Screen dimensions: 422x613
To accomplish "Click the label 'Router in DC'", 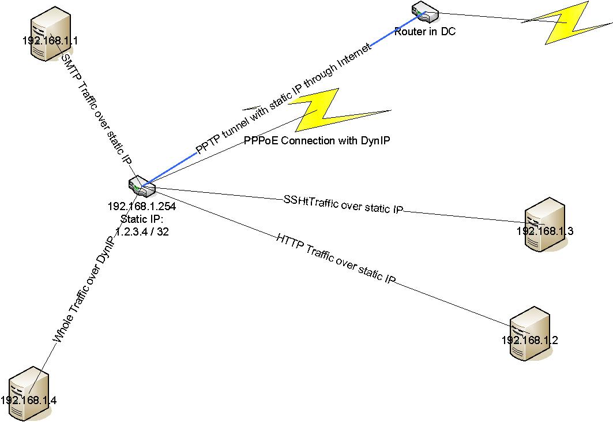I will [425, 32].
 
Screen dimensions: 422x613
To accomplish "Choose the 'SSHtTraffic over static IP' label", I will [343, 204].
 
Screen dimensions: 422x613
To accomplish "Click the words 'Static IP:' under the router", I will [142, 219].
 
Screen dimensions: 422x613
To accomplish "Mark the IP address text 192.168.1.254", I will [141, 207].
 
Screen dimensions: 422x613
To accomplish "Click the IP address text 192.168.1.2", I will [529, 340].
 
